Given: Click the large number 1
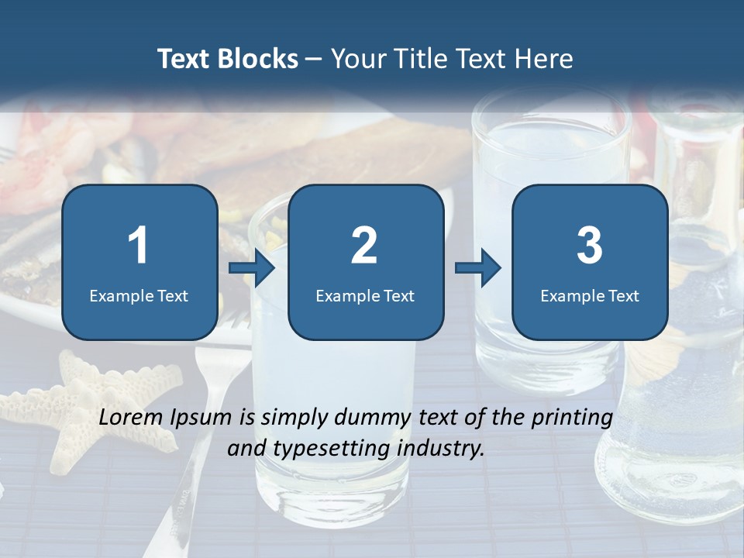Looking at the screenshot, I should click(139, 246).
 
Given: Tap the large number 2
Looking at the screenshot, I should click(364, 246).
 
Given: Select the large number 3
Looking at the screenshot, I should click(590, 246).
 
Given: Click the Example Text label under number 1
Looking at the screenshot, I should click(139, 296).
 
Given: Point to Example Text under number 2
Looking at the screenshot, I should click(365, 296).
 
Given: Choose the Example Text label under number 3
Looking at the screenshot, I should click(590, 296).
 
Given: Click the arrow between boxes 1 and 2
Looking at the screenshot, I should click(253, 268).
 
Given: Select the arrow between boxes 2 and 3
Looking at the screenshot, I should click(478, 268).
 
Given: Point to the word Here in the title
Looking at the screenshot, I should click(544, 59).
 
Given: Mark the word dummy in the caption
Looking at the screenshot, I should click(373, 418).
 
